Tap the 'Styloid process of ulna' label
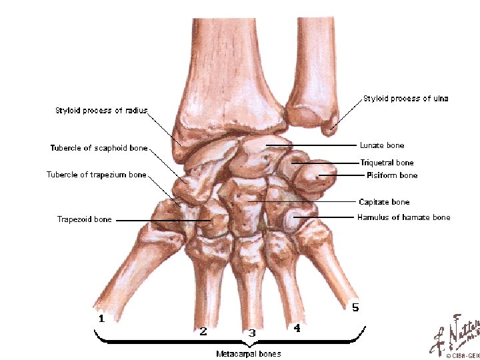405,99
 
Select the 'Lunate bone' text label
381,145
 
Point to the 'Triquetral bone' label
387,163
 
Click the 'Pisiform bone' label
392,175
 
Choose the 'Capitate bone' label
384,202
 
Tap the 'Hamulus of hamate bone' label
403,217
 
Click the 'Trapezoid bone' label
85,219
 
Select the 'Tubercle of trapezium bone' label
96,175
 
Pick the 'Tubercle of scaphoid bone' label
99,148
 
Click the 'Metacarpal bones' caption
248,353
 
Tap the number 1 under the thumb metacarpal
101,319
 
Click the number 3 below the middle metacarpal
251,332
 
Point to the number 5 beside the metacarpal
355,307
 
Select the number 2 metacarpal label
203,331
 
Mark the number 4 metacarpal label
297,328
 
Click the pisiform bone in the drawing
319,177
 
